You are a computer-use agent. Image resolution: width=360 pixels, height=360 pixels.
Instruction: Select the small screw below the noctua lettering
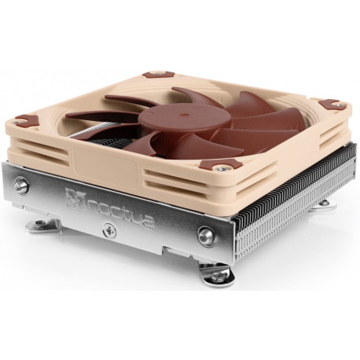[x=110, y=233]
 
